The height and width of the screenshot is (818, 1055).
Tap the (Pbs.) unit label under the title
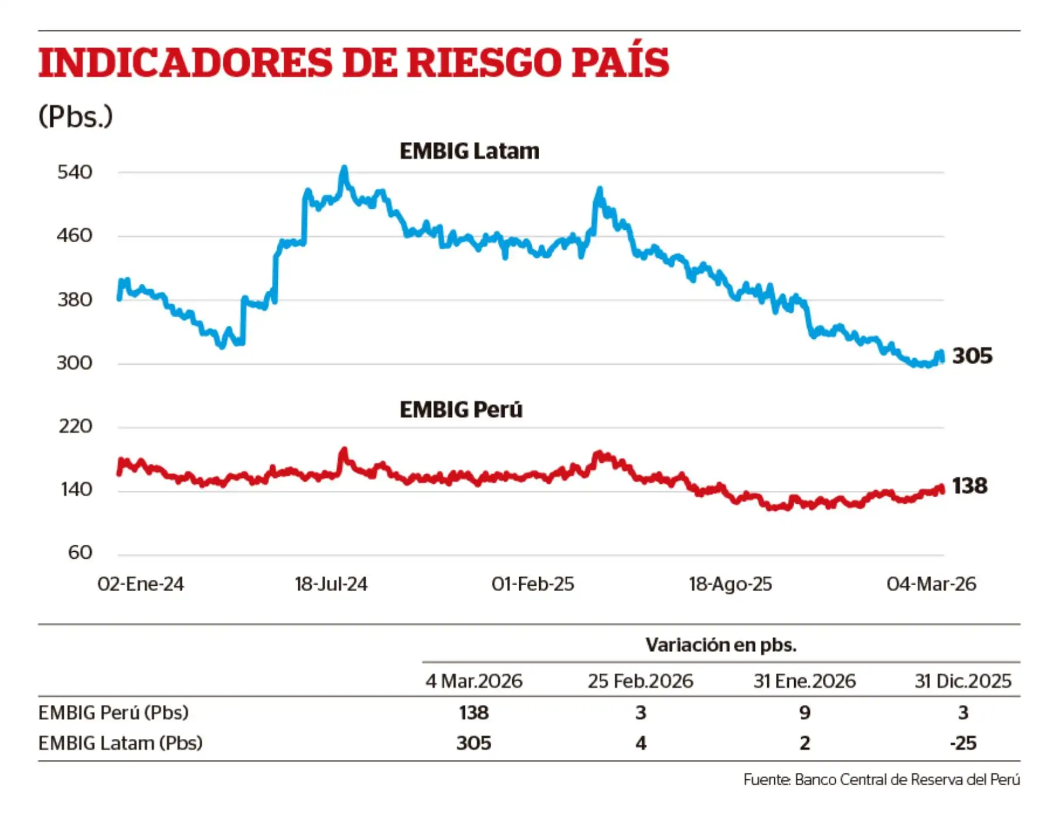[x=76, y=116]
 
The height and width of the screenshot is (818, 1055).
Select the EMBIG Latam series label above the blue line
[x=469, y=151]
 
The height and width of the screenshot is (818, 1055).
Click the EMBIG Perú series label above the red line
[x=461, y=409]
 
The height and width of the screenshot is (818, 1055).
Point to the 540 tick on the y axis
[x=74, y=172]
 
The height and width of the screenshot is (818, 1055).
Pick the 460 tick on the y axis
[x=74, y=236]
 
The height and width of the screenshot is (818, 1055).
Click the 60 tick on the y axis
[x=80, y=552]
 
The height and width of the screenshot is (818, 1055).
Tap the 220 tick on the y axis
[x=76, y=426]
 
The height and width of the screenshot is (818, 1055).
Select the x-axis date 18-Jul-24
[x=331, y=584]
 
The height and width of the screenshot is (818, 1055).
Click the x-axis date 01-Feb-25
[x=533, y=584]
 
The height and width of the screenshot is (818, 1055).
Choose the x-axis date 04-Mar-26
[x=931, y=584]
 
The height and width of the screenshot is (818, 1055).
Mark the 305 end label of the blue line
[x=972, y=356]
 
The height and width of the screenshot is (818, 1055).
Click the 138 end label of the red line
[x=969, y=486]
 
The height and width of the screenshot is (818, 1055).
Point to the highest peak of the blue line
[x=345, y=169]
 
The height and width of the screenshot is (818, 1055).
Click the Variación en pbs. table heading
[x=721, y=645]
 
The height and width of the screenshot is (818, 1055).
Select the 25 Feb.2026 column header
[x=641, y=681]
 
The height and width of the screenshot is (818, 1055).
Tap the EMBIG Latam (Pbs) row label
[x=121, y=743]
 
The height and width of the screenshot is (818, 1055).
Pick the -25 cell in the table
[x=963, y=743]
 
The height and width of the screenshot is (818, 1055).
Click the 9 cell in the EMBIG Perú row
[x=805, y=712]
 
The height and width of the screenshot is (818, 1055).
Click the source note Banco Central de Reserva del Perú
[x=882, y=779]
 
